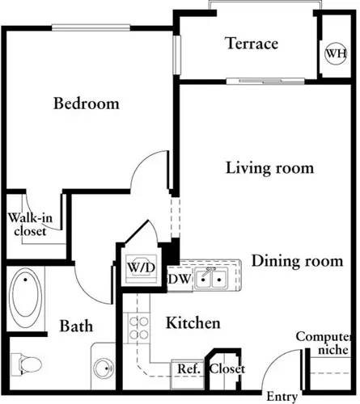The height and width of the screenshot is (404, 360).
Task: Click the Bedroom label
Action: pyautogui.click(x=87, y=103)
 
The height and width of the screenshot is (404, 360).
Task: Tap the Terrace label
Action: pyautogui.click(x=252, y=43)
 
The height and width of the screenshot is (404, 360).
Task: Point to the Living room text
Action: pyautogui.click(x=258, y=168)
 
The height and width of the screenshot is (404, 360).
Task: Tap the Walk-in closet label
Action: pyautogui.click(x=28, y=223)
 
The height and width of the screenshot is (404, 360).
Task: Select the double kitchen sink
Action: pyautogui.click(x=211, y=279)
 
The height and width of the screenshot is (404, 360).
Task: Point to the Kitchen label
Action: pyautogui.click(x=193, y=323)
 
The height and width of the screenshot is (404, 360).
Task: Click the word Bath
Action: pyautogui.click(x=76, y=326)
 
